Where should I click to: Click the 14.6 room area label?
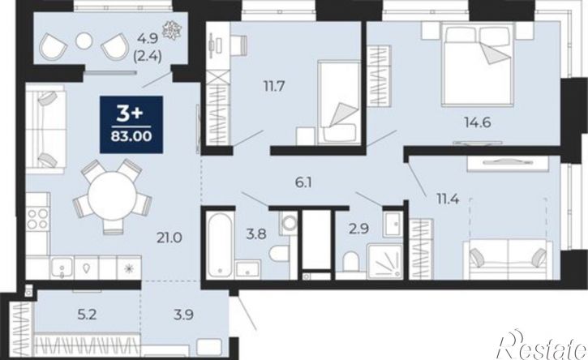478,122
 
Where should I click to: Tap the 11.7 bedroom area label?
274,87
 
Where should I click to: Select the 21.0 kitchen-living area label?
170,238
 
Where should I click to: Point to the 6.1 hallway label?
303,183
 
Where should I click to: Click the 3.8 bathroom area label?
256,234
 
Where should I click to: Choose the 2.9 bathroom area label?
358,229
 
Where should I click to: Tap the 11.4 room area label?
448,199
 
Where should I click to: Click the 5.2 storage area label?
87,315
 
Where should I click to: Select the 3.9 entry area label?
184,315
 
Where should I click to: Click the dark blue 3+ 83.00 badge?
131,125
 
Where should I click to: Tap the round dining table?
112,195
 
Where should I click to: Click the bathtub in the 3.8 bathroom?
220,245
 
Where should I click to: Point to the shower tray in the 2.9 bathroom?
384,261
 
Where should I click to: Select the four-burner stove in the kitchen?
38,219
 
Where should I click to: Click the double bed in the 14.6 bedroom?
478,64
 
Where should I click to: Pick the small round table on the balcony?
84,41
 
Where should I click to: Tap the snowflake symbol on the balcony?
171,29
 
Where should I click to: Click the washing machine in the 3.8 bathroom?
289,223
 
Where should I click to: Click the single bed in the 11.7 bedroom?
339,103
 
